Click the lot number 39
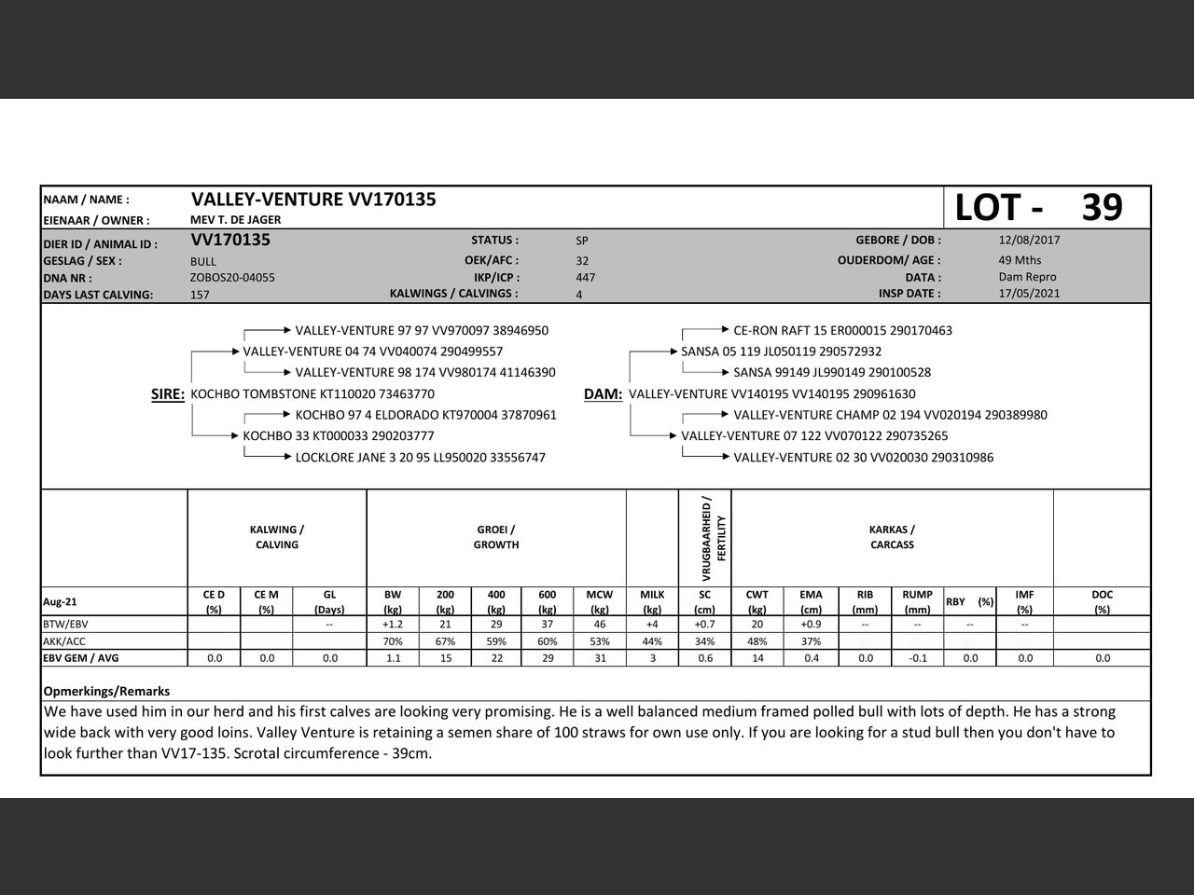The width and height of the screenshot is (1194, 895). [x=1102, y=207]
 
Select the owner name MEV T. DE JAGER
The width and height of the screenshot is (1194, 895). [x=235, y=220]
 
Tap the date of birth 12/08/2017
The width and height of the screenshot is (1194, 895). [x=1029, y=240]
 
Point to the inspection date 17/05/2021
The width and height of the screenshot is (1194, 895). [x=1029, y=293]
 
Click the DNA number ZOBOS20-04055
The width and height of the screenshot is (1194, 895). [x=232, y=277]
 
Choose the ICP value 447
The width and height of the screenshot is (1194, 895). [x=586, y=277]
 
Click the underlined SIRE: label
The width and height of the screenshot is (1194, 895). [x=168, y=394]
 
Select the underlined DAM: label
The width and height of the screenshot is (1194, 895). [x=603, y=394]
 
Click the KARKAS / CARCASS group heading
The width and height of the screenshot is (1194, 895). [x=892, y=537]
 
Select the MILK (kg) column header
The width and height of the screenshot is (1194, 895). [x=652, y=601]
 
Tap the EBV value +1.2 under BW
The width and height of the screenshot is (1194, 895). [x=393, y=624]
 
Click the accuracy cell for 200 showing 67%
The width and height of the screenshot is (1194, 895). [x=445, y=641]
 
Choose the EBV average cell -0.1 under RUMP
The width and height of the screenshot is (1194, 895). [x=917, y=658]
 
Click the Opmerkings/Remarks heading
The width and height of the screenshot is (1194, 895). [x=106, y=691]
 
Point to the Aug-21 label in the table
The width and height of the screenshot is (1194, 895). [x=60, y=601]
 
